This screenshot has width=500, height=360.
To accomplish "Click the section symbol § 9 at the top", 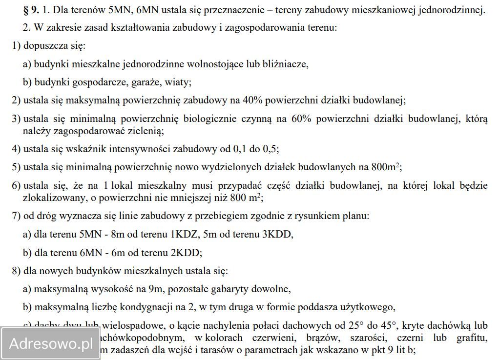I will pyautogui.click(x=34, y=10).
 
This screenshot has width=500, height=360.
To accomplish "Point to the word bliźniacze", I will pyautogui.click(x=285, y=63).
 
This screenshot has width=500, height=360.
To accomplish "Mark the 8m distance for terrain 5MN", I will pyautogui.click(x=118, y=234).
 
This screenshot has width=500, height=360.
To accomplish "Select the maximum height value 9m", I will pyautogui.click(x=157, y=289).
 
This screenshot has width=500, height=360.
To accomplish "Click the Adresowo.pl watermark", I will pyautogui.click(x=50, y=343).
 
